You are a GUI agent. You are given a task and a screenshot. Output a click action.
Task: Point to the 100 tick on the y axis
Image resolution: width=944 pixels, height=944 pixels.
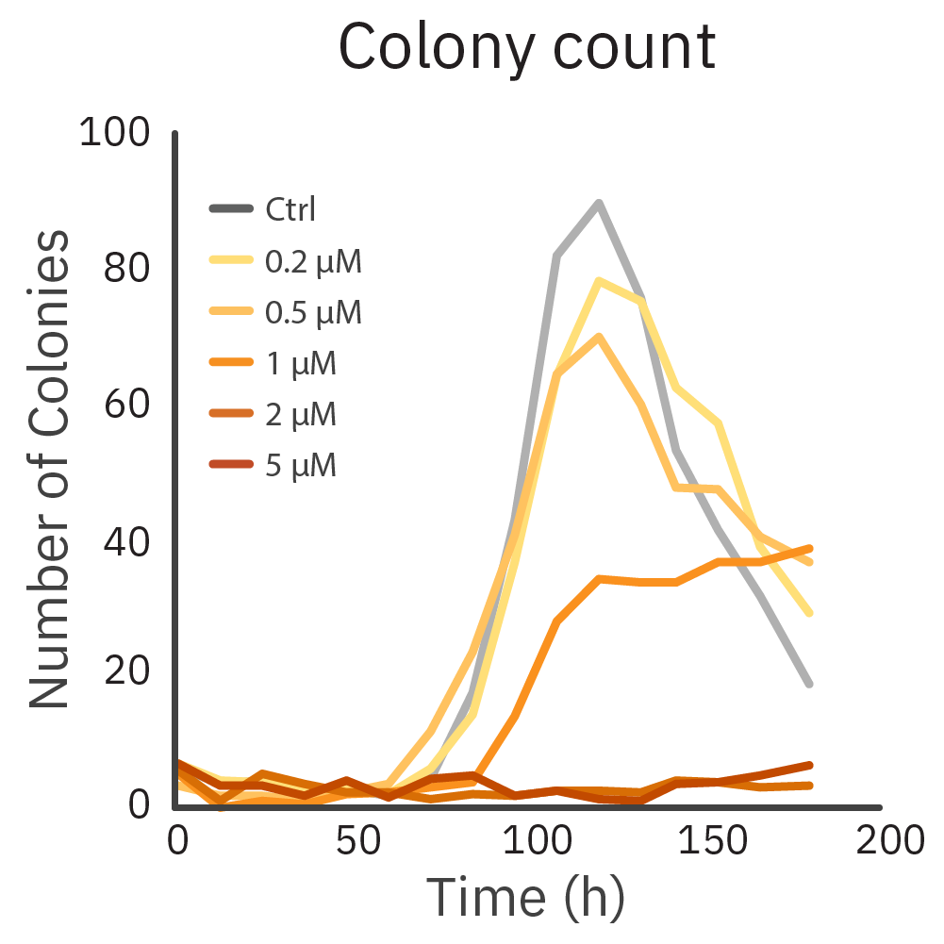point(114,132)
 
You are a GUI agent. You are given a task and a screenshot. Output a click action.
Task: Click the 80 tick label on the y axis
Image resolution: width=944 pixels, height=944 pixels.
point(127,268)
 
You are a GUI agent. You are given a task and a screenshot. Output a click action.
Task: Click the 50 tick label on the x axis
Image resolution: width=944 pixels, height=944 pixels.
point(351,838)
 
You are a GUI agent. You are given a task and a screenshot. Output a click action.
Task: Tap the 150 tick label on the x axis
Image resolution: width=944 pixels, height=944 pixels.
point(704,838)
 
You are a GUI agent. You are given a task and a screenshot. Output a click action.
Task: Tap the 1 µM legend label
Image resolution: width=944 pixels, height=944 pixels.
point(302,363)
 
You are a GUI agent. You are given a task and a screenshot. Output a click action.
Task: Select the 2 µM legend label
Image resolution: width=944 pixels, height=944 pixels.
point(302,414)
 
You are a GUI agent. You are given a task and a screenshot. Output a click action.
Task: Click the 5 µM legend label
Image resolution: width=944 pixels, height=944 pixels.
point(302,465)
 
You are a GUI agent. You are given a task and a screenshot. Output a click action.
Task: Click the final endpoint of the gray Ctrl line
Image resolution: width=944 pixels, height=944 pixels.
point(809,684)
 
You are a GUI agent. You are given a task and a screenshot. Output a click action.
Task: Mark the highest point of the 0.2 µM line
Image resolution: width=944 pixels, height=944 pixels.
point(598,280)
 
